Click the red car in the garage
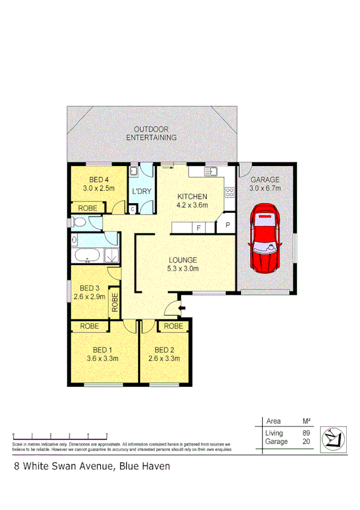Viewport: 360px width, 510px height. coord(265,238)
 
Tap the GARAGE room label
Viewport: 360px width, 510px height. coord(265,180)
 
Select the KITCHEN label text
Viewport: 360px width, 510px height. coord(192,197)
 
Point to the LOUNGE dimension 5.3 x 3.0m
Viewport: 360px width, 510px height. coord(183,269)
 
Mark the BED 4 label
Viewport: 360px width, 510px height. coord(99,179)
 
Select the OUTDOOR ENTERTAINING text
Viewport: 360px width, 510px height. coord(151,134)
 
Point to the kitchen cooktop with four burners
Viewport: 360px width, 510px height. coord(229,193)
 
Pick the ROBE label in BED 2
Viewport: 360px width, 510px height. coord(173,327)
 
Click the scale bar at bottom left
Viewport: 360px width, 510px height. coord(60,435)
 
